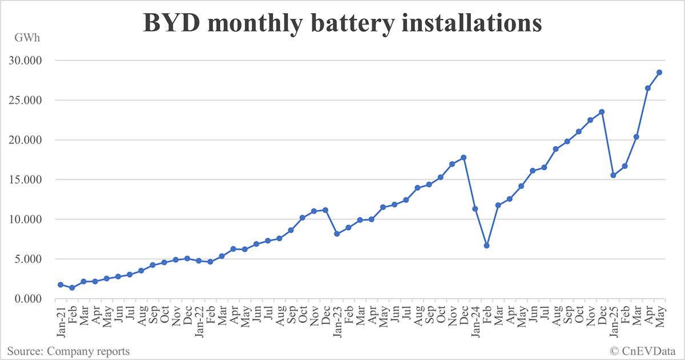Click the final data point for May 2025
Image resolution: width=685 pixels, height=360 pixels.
pos(659,72)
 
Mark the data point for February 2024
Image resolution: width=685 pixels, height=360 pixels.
pos(486,245)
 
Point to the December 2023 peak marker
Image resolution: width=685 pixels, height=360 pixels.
pos(464,157)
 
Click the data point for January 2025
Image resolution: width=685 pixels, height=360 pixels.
pos(613,175)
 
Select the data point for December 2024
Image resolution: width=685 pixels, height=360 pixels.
pos(602,112)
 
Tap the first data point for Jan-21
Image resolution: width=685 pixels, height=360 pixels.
pos(61,285)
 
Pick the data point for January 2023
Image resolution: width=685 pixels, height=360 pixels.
pos(337,234)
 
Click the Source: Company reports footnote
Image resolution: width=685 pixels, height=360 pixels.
pos(68,351)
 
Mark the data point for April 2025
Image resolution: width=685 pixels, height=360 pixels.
pos(647,88)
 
